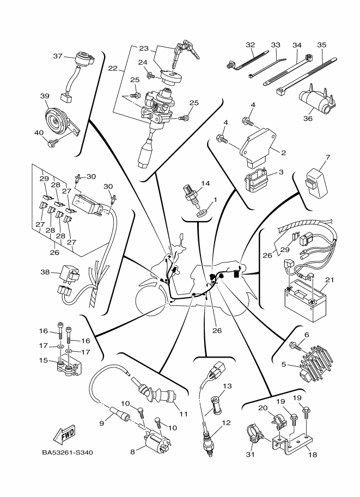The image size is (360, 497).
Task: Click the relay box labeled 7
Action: pos(315,179)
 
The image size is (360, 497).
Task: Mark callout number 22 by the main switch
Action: pos(112,69)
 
